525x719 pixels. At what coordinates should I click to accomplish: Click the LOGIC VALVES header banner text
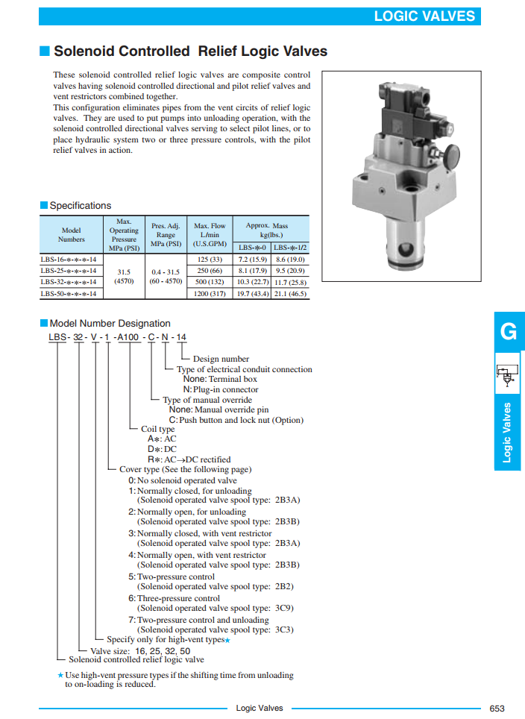tap(424, 16)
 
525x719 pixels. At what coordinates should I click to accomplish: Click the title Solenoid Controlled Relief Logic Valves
tap(190, 51)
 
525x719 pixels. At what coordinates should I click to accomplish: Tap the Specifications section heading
tap(80, 206)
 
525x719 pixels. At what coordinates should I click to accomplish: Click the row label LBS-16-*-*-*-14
tap(69, 260)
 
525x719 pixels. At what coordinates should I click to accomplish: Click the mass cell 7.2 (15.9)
tap(253, 260)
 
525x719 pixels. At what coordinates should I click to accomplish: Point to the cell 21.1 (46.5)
tap(290, 294)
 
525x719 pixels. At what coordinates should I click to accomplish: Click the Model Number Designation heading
tap(110, 324)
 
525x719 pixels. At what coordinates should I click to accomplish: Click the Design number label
tap(221, 359)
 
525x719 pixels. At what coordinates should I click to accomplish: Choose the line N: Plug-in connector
tap(221, 389)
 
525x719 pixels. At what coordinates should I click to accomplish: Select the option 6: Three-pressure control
tap(175, 598)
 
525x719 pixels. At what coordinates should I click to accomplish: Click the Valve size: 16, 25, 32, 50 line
tap(139, 650)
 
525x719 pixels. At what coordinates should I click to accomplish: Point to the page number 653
tap(497, 708)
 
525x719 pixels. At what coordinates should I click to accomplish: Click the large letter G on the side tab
tap(509, 332)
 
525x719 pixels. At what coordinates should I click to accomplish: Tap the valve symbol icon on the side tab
tap(508, 374)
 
